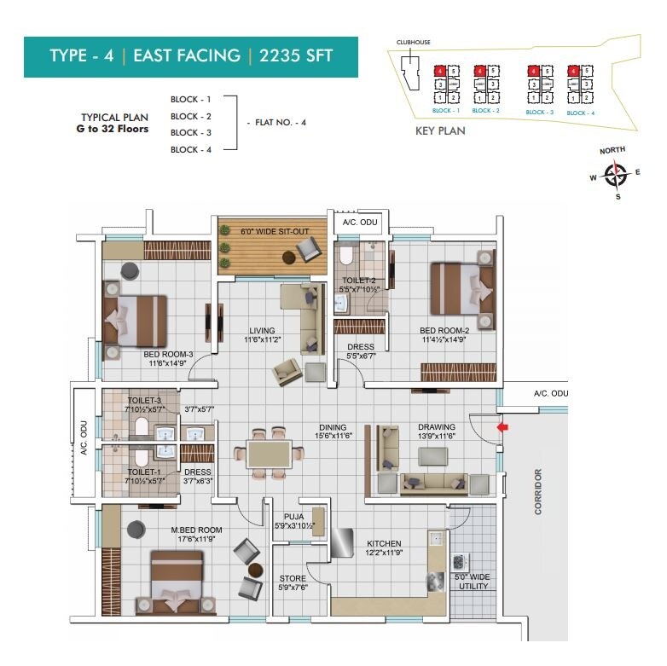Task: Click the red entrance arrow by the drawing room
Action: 503,426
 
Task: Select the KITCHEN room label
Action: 384,543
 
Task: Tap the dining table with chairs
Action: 269,449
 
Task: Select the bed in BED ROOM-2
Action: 461,289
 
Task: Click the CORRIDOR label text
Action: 538,491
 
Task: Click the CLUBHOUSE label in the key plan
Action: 414,41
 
